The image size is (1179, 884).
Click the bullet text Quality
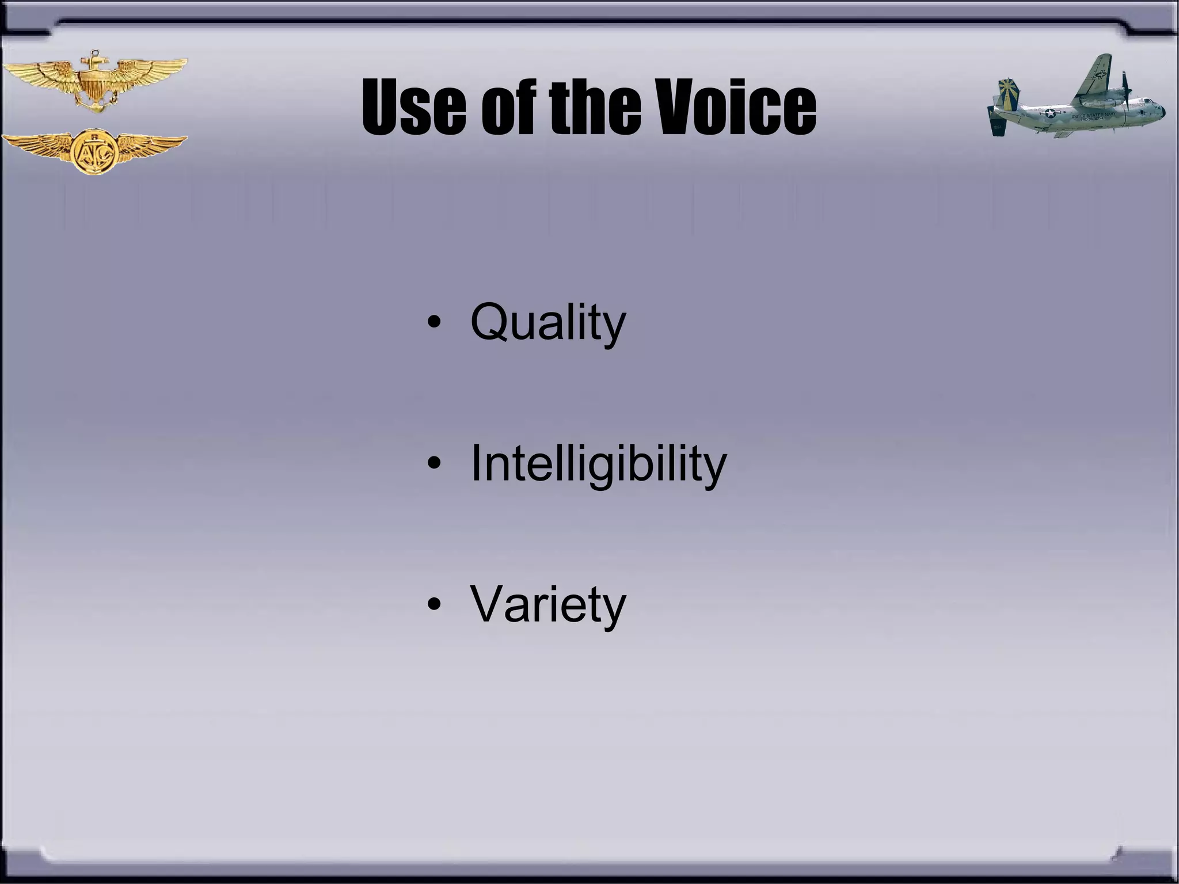tap(547, 323)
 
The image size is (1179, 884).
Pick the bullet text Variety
tap(547, 604)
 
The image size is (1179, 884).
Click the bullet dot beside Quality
tap(435, 322)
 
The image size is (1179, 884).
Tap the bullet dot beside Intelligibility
tap(435, 463)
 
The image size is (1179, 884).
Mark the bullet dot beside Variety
tap(435, 604)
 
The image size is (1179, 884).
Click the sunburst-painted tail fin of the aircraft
tap(1009, 93)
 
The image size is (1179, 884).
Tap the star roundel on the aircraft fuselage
tap(1051, 113)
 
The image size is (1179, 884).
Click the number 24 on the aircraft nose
tap(1157, 108)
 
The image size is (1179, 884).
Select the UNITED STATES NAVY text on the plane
tap(1093, 116)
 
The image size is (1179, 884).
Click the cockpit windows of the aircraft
tap(1148, 101)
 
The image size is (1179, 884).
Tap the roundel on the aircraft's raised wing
tap(1101, 74)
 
